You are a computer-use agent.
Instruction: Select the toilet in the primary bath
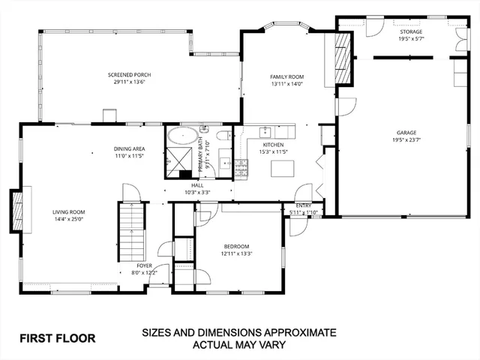pyautogui.click(x=223, y=136)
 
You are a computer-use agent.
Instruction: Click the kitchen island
pyautogui.click(x=283, y=167)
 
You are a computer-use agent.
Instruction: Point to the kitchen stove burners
pyautogui.click(x=241, y=168)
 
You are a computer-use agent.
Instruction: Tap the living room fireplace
pyautogui.click(x=15, y=212)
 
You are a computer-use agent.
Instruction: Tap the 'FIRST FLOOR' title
pyautogui.click(x=57, y=337)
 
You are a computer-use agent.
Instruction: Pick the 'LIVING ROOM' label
pyautogui.click(x=69, y=211)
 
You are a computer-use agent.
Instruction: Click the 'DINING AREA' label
pyautogui.click(x=129, y=149)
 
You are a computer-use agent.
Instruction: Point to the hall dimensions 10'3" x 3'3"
pyautogui.click(x=198, y=192)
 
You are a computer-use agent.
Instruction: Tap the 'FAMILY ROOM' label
pyautogui.click(x=286, y=77)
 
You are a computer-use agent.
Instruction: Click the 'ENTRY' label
pyautogui.click(x=304, y=205)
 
